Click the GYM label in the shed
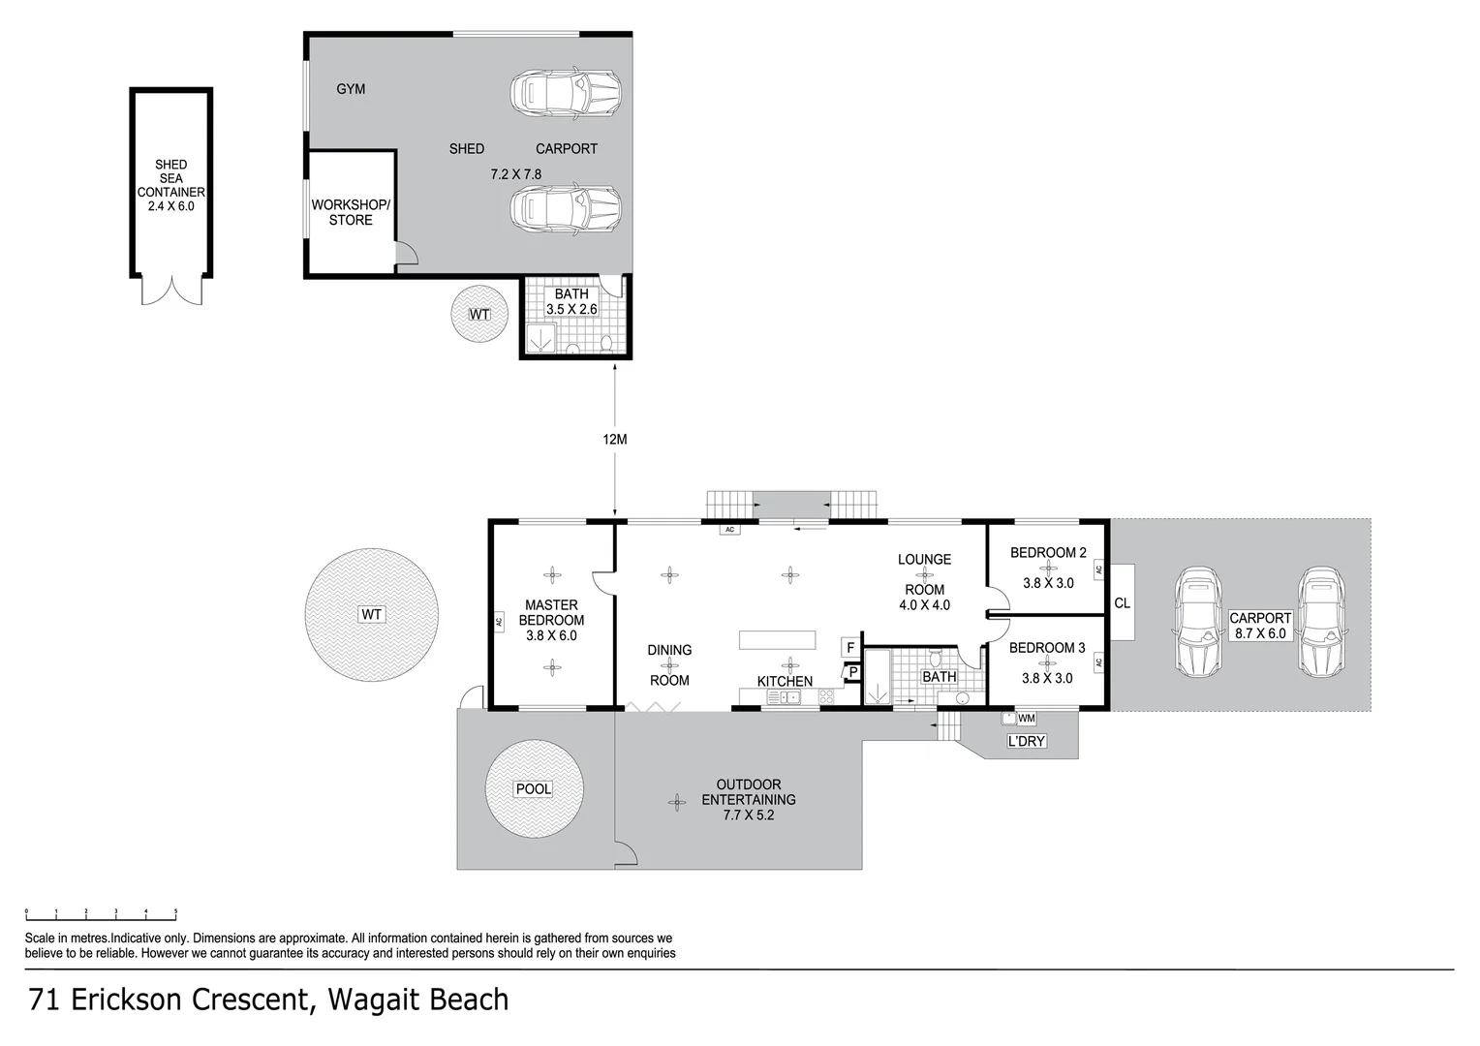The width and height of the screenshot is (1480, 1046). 351,89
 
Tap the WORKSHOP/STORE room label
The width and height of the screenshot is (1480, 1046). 351,212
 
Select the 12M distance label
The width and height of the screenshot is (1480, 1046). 615,440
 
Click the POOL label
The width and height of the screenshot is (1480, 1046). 534,789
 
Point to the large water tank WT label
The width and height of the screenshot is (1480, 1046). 371,614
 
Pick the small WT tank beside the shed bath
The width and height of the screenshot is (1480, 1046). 479,314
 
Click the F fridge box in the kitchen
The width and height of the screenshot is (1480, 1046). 851,648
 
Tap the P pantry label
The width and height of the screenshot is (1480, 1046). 853,673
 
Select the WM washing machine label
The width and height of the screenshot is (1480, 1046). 1027,719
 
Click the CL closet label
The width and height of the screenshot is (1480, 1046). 1122,603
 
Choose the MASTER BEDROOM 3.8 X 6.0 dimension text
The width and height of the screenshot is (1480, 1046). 552,635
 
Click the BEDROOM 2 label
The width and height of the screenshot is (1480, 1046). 1049,552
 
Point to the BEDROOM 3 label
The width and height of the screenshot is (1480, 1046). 1047,648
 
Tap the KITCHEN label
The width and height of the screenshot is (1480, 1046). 785,681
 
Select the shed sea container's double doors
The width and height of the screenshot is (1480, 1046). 171,291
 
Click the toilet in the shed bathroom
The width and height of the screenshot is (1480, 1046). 606,344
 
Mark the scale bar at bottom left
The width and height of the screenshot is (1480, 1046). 101,915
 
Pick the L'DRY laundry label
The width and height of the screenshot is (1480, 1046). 1026,741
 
